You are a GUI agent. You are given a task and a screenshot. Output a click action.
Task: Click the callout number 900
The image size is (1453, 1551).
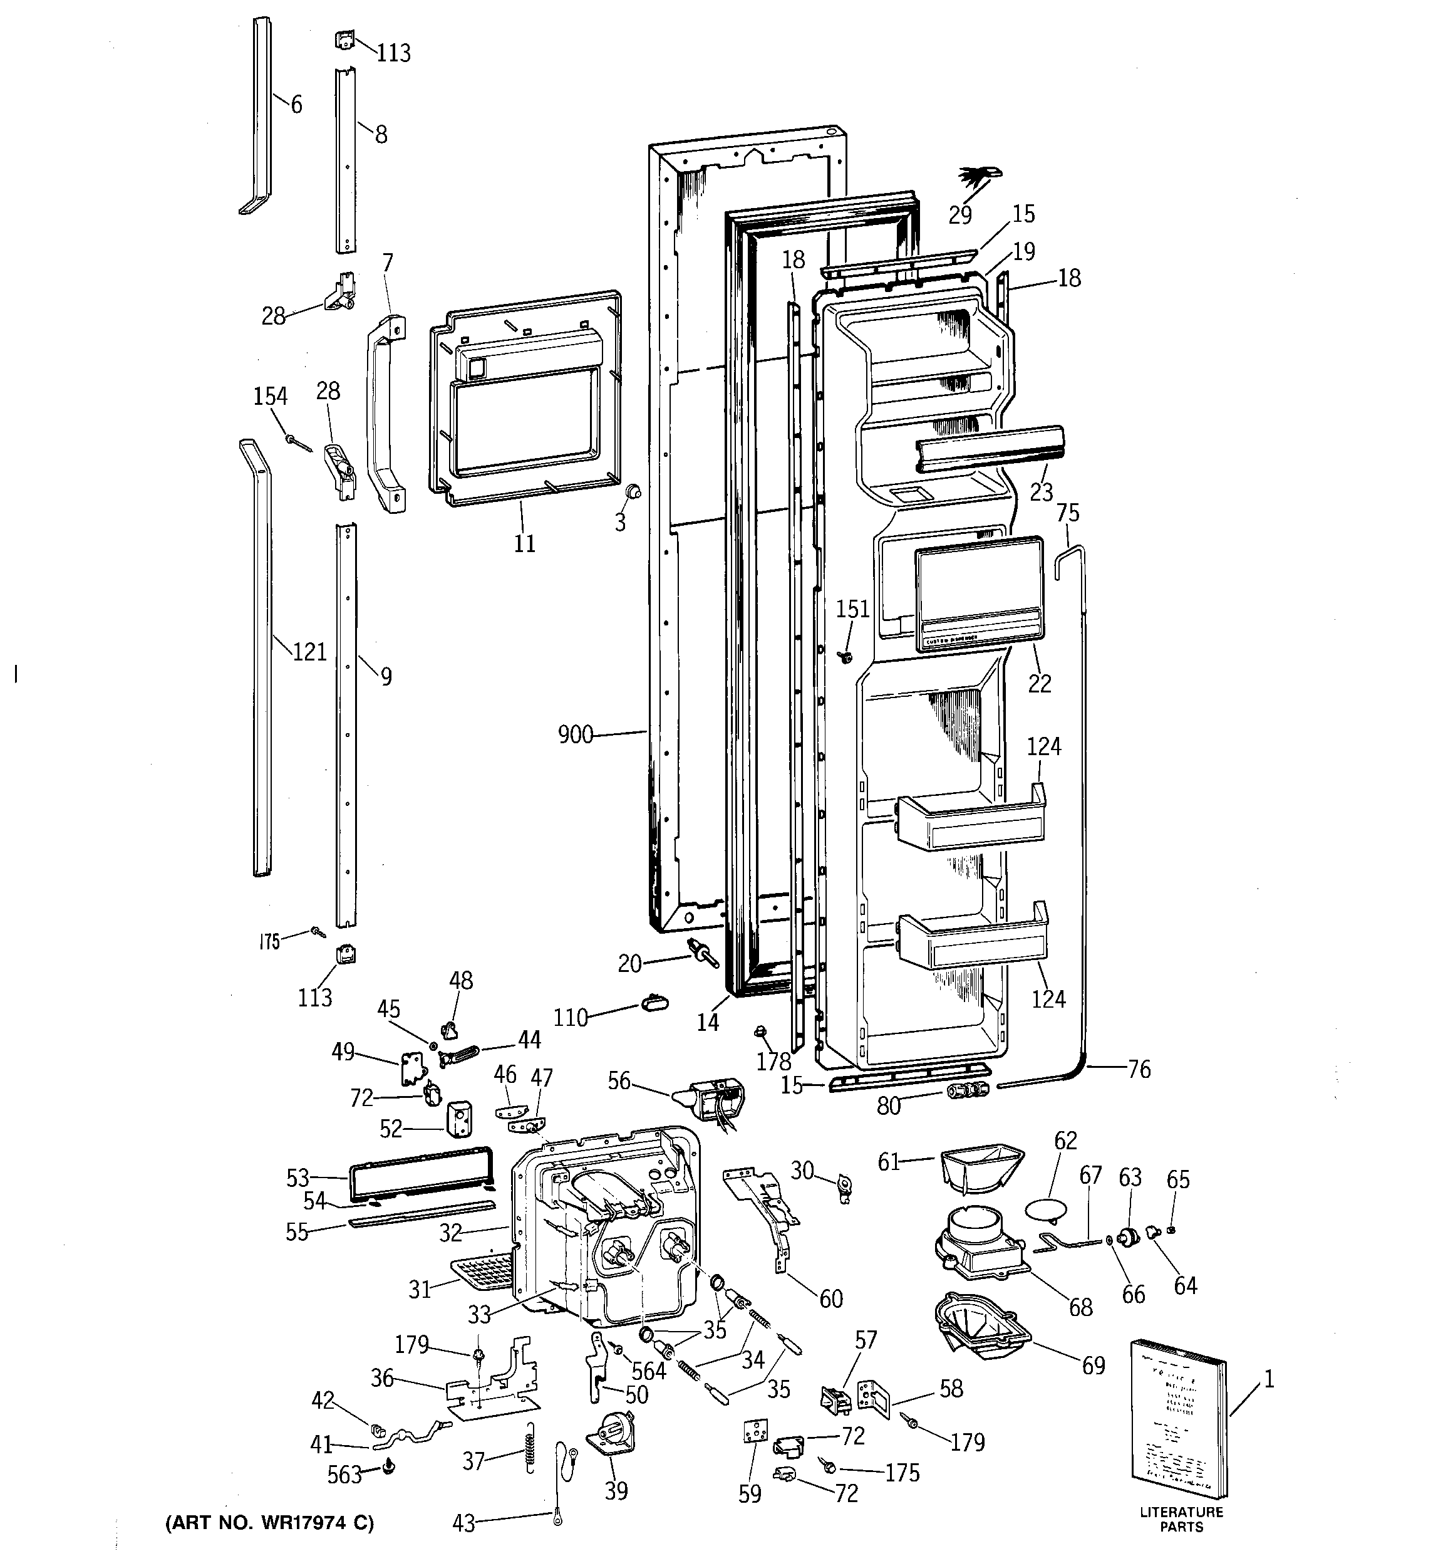pyautogui.click(x=576, y=735)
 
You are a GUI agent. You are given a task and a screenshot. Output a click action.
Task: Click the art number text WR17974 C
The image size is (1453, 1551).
pyautogui.click(x=269, y=1522)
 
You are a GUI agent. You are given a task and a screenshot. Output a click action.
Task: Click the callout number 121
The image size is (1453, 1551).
pyautogui.click(x=309, y=652)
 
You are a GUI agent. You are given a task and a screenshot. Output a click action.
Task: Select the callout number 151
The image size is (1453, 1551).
pyautogui.click(x=852, y=609)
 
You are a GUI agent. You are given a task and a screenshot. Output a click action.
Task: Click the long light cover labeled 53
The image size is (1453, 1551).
pyautogui.click(x=421, y=1174)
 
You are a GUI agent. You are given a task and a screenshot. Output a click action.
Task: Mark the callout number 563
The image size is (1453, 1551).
pyautogui.click(x=344, y=1475)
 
